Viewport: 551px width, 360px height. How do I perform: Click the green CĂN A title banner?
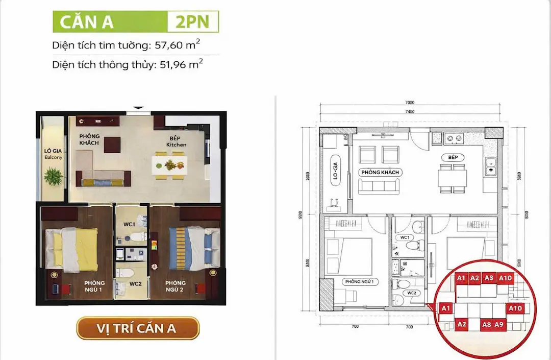coord(110,22)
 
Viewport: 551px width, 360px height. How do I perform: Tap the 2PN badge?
coord(193,22)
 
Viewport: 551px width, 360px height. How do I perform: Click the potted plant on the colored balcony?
coord(53,176)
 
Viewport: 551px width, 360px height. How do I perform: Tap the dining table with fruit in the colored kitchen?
coord(169,165)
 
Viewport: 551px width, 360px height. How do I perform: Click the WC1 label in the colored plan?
coord(129,224)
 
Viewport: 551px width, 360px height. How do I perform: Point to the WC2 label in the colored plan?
coord(135,283)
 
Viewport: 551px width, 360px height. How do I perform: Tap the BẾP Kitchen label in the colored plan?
coord(176,141)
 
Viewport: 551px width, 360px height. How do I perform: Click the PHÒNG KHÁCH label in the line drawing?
coord(380,172)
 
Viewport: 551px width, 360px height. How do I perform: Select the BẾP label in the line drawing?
coord(453,158)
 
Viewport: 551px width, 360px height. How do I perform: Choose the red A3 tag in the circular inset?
coord(489,278)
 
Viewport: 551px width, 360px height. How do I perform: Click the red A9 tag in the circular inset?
coord(499,324)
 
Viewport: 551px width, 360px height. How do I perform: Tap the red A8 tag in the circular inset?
coord(486,324)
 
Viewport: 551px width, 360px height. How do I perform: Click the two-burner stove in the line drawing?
coord(454,138)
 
